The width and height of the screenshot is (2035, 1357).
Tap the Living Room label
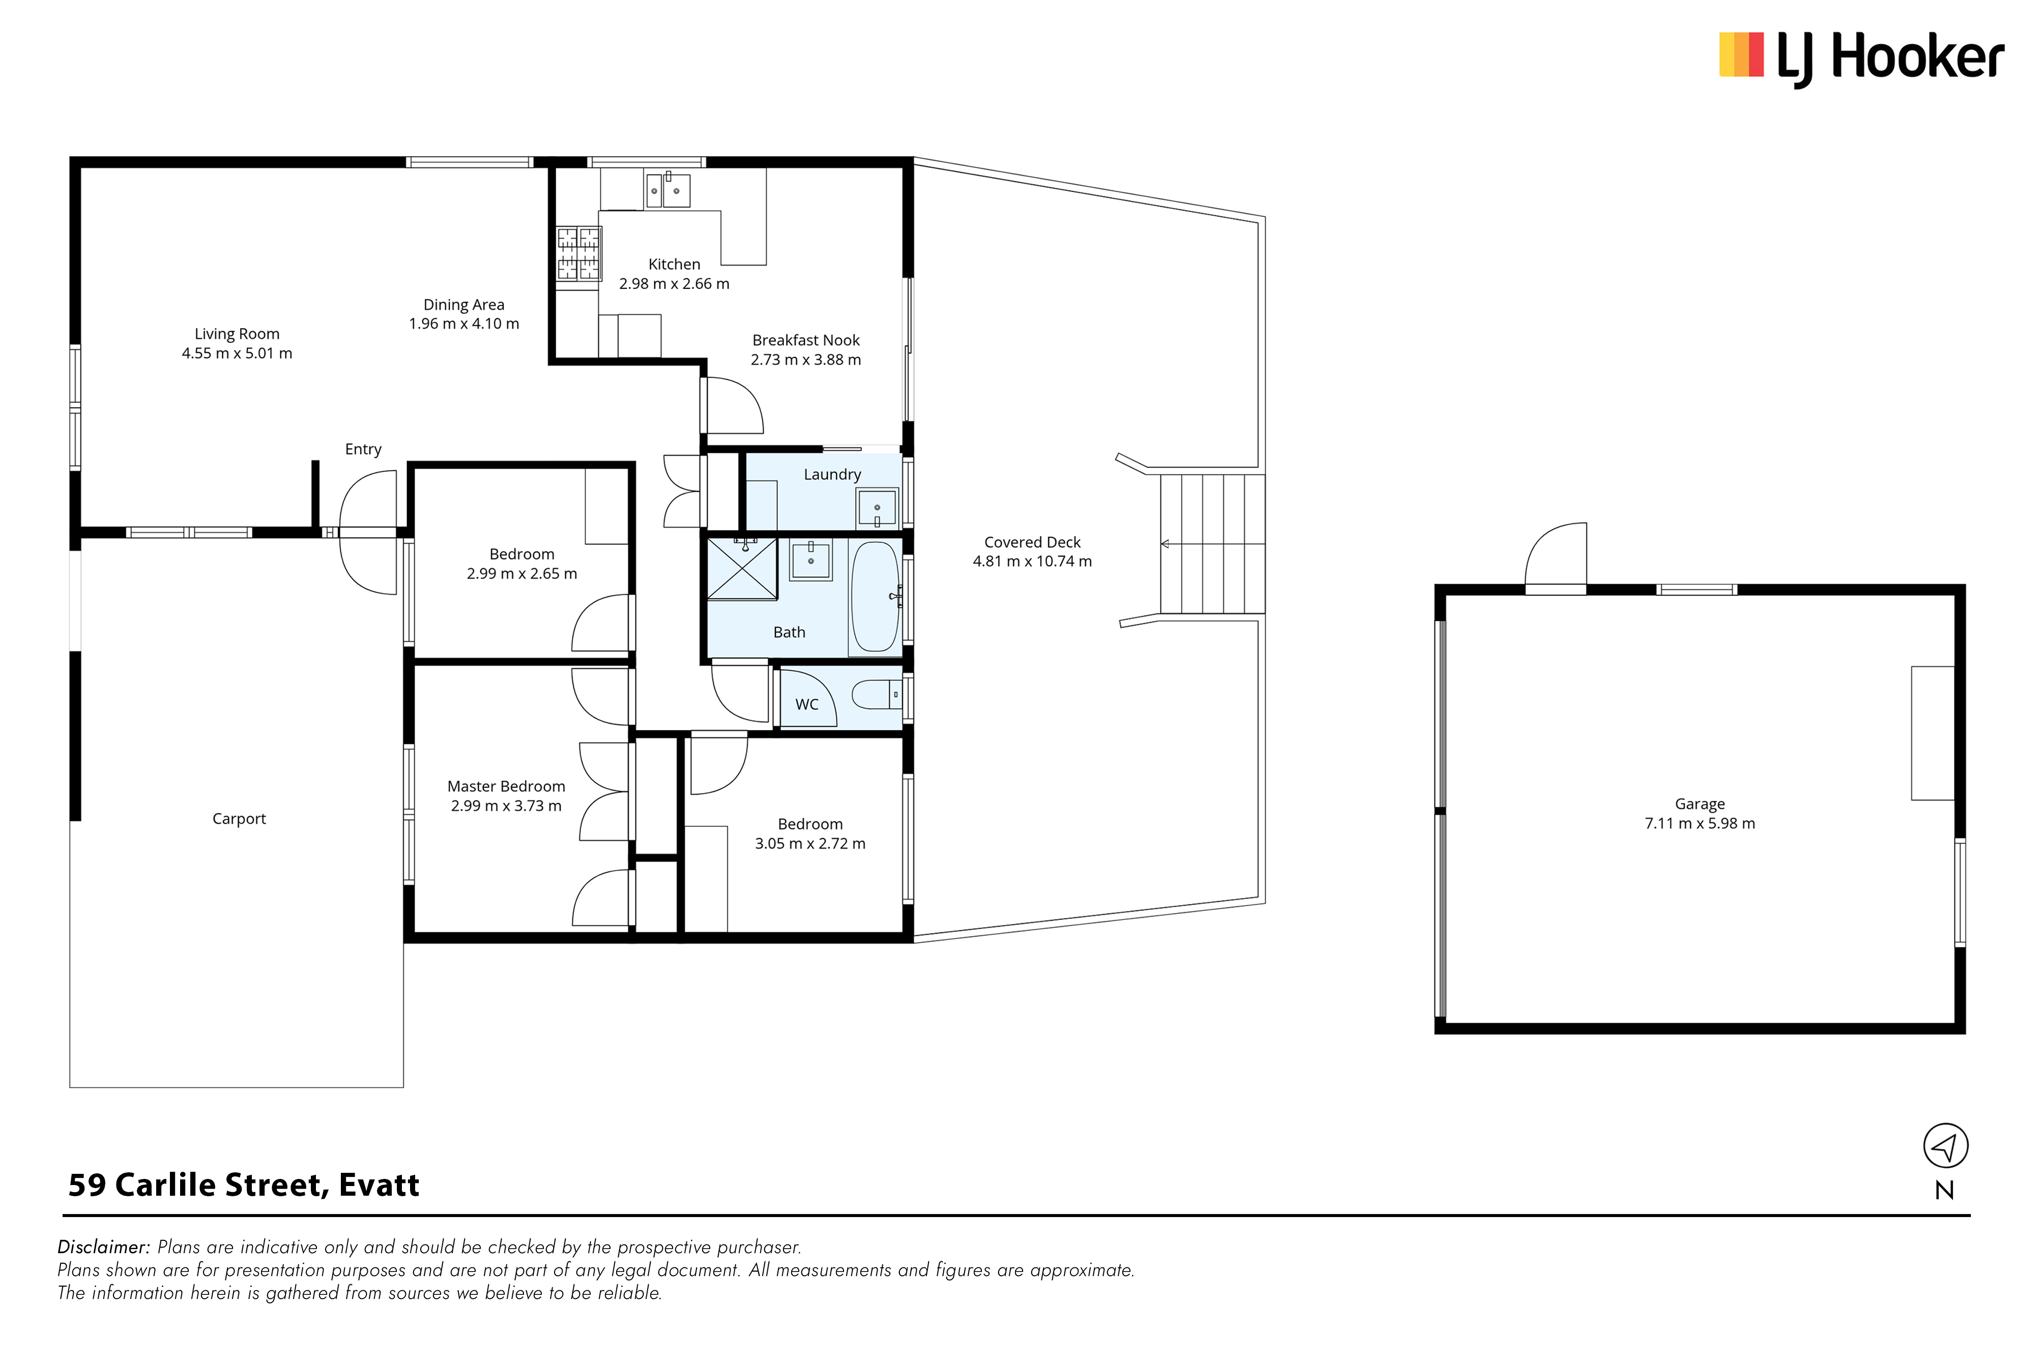click(237, 334)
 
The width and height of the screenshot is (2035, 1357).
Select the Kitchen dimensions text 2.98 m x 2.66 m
click(674, 284)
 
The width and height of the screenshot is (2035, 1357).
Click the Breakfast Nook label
click(805, 340)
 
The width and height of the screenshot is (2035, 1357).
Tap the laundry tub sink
click(877, 508)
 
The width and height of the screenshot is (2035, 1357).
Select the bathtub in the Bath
click(876, 596)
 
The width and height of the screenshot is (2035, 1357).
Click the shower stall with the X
click(742, 568)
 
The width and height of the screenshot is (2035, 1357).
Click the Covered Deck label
click(1032, 542)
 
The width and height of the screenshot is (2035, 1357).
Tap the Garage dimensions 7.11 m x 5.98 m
click(1700, 824)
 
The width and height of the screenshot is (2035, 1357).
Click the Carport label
click(239, 819)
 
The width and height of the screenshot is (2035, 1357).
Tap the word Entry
click(363, 449)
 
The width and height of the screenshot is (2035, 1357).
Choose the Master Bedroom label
click(506, 787)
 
